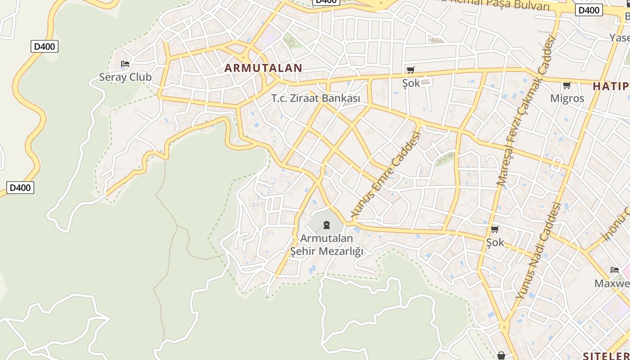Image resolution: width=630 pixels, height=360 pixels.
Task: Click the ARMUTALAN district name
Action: click(263, 68)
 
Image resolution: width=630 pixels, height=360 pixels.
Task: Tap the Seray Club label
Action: click(125, 77)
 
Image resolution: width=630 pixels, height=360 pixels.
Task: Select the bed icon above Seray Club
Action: click(125, 64)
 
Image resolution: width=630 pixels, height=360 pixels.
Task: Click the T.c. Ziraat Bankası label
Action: click(316, 98)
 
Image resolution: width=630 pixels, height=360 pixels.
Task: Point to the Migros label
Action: click(567, 98)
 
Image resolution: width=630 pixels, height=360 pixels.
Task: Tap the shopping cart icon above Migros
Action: click(567, 85)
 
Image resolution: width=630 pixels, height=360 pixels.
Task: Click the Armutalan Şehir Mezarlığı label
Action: click(327, 244)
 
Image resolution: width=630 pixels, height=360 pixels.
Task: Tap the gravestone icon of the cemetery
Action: click(327, 225)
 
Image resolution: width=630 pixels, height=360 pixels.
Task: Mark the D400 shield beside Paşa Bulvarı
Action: click(589, 10)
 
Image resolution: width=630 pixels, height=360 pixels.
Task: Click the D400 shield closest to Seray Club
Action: click(45, 46)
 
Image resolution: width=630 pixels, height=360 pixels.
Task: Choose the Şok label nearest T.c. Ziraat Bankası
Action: click(411, 83)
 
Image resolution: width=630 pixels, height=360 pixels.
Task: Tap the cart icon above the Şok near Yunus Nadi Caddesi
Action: click(495, 229)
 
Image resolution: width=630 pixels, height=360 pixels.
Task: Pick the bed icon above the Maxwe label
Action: click(615, 270)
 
